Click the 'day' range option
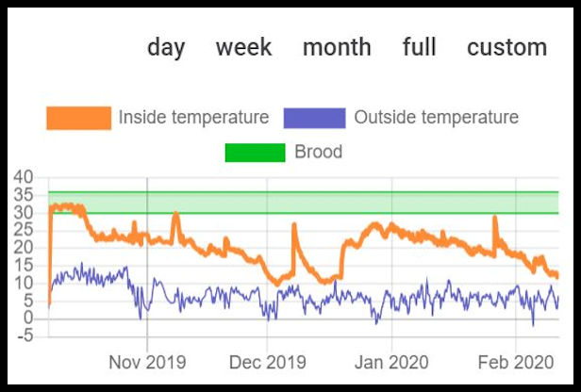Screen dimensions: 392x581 tap(166, 47)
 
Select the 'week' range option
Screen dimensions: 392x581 tap(243, 47)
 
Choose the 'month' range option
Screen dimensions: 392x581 tap(337, 47)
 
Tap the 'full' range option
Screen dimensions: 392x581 tap(419, 47)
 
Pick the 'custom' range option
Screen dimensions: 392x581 tap(506, 47)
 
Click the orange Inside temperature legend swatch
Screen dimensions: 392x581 tap(78, 118)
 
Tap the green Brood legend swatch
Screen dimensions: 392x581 tap(255, 152)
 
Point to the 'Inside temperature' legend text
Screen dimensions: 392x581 tap(193, 118)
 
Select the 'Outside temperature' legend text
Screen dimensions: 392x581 tap(436, 118)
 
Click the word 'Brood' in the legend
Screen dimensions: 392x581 tap(318, 152)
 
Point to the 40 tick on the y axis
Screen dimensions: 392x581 tap(24, 178)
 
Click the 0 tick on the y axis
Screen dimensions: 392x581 tap(28, 318)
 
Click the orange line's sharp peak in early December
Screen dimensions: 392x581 tap(294, 225)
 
